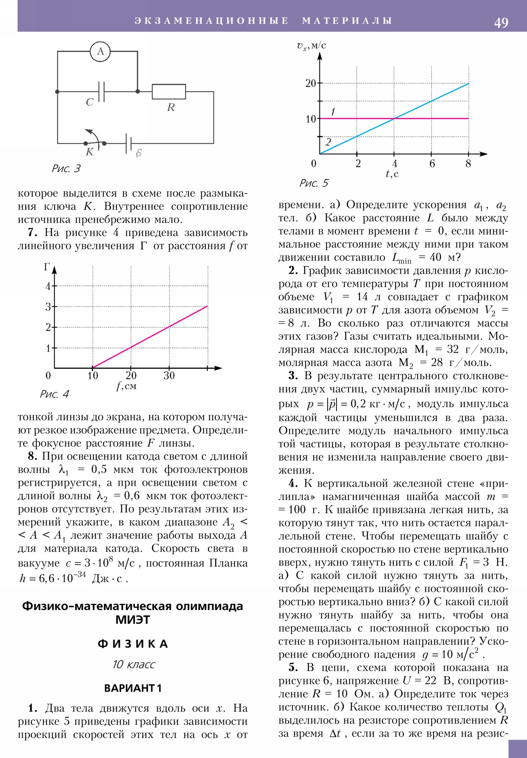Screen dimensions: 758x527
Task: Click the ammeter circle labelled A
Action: click(x=100, y=51)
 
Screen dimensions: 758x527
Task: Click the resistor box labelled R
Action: click(x=169, y=91)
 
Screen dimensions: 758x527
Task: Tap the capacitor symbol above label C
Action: click(x=102, y=91)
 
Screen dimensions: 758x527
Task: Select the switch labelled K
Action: click(x=95, y=142)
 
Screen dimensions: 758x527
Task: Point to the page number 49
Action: click(x=501, y=22)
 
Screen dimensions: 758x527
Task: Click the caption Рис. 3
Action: click(x=66, y=169)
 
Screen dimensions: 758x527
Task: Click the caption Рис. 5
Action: click(x=314, y=183)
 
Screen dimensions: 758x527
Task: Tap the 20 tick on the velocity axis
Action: click(x=311, y=83)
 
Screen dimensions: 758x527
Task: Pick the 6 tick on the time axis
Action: click(x=432, y=163)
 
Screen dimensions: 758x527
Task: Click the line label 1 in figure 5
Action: click(x=333, y=112)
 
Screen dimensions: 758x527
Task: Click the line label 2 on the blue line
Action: click(x=328, y=142)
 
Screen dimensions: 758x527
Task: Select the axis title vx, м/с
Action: click(x=311, y=45)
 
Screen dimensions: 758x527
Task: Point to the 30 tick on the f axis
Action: click(x=169, y=375)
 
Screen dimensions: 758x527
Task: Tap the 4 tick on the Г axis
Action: click(x=48, y=286)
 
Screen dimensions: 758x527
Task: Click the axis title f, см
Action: click(x=126, y=386)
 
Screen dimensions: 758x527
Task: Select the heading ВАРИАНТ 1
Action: click(x=133, y=688)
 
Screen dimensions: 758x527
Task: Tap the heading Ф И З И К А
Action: click(x=133, y=644)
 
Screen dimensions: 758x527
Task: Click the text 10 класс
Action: click(x=133, y=665)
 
